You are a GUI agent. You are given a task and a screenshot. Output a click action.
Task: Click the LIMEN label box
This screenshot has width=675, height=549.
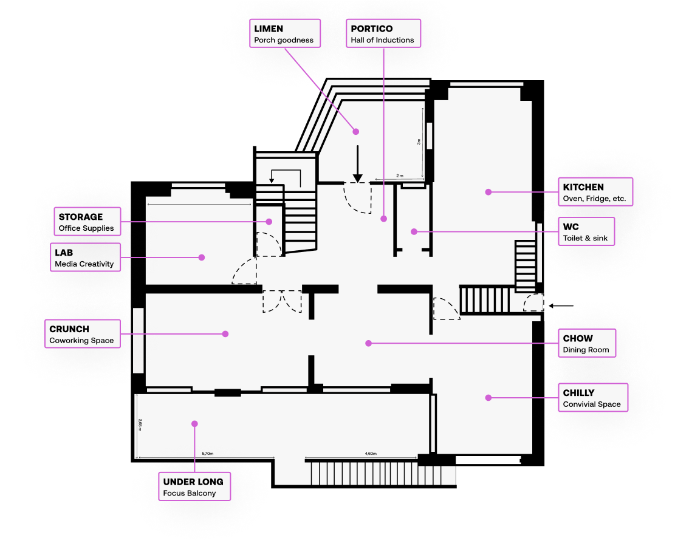[x=285, y=34]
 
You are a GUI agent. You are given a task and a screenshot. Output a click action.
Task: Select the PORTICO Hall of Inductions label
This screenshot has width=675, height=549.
[x=383, y=34]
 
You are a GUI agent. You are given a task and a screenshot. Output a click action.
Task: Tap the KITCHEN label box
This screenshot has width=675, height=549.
[x=595, y=193]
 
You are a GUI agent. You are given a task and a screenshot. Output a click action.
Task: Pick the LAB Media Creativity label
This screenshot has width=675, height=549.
[x=84, y=257]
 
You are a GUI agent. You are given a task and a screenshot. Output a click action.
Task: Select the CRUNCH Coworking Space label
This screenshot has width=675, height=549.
[x=82, y=334]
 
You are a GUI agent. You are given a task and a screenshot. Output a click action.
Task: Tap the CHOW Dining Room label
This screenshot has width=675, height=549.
[x=586, y=343]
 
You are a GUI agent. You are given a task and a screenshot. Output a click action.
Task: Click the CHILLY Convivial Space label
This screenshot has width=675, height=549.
[x=592, y=398]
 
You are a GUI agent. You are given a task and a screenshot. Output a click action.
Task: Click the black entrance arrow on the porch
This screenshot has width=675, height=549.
[x=358, y=165]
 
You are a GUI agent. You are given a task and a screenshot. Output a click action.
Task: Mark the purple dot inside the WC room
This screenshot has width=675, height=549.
[x=413, y=231]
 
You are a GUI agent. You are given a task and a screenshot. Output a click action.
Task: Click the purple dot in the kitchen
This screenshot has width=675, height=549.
[x=488, y=192]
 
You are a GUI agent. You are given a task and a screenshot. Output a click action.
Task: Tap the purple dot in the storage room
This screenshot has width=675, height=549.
[x=269, y=222]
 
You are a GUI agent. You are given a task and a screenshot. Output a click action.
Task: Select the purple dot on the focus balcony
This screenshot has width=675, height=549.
[x=194, y=423]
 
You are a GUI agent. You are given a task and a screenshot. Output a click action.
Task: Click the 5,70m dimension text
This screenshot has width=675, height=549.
[x=207, y=454]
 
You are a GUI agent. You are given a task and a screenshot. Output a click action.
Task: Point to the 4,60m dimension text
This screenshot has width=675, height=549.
[x=371, y=454]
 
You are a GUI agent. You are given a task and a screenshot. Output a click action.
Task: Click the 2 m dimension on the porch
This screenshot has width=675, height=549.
[x=399, y=176]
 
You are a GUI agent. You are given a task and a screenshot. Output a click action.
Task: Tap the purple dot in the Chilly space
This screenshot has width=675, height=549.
[x=488, y=398]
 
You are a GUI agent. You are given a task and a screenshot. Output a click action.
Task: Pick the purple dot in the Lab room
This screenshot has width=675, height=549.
[x=202, y=257]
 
